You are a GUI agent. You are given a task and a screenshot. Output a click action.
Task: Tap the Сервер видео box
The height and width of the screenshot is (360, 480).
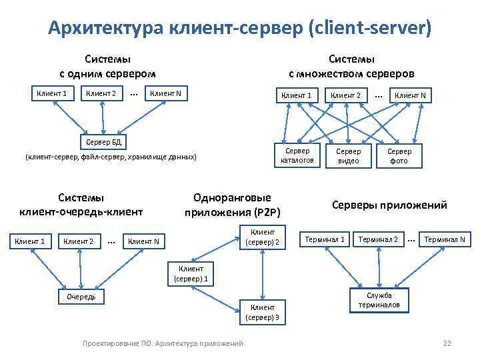pos(348,155)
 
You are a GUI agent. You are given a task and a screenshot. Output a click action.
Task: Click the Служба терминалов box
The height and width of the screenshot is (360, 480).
pos(379,301)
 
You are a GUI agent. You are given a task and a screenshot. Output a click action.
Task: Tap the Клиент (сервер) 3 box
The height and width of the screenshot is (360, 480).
pos(263,312)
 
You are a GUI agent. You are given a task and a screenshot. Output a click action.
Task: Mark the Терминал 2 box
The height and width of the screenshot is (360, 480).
pos(378,239)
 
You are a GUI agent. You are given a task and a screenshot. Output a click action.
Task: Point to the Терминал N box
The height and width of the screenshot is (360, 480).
pos(444,239)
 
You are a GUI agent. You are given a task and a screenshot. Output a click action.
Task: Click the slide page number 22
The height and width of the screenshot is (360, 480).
pos(447,343)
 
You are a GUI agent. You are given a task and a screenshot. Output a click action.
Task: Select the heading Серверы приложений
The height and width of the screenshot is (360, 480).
pos(389,205)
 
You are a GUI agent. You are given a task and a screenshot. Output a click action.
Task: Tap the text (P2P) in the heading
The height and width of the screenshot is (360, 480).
pos(267,213)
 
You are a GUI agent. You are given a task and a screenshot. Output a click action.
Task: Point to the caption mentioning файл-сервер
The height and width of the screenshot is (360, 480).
pos(111,157)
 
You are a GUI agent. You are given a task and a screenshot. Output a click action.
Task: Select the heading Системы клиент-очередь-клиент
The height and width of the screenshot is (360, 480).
pos(81,205)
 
